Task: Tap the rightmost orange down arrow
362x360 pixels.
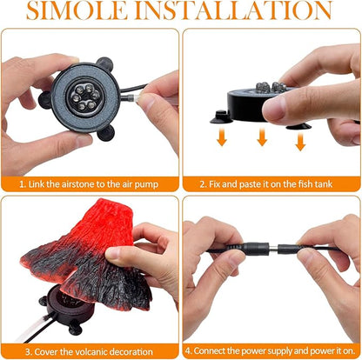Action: (x=299, y=142)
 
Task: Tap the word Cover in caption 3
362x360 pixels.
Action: (x=47, y=350)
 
